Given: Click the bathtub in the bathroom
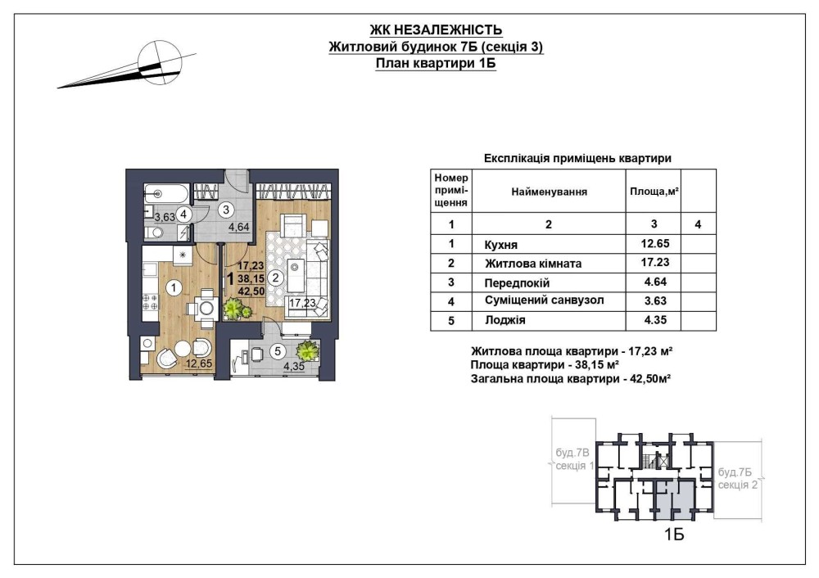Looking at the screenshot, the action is [165, 194].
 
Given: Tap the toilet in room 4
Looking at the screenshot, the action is [154, 233].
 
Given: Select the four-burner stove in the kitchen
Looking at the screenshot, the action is [151, 302].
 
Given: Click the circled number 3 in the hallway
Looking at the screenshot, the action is [226, 210].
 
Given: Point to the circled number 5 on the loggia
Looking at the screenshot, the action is [278, 352].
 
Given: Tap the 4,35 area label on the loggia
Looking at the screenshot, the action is [293, 367].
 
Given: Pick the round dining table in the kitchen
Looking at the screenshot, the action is [207, 308].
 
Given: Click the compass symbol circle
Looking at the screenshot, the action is [160, 62].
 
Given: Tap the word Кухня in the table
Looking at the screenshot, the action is [501, 244].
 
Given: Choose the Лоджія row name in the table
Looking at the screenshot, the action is [505, 320].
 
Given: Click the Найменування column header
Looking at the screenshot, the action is [549, 192].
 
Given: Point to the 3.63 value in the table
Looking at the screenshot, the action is [655, 300].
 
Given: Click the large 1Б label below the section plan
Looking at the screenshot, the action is [674, 535].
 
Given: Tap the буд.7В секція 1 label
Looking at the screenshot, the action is [574, 459].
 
